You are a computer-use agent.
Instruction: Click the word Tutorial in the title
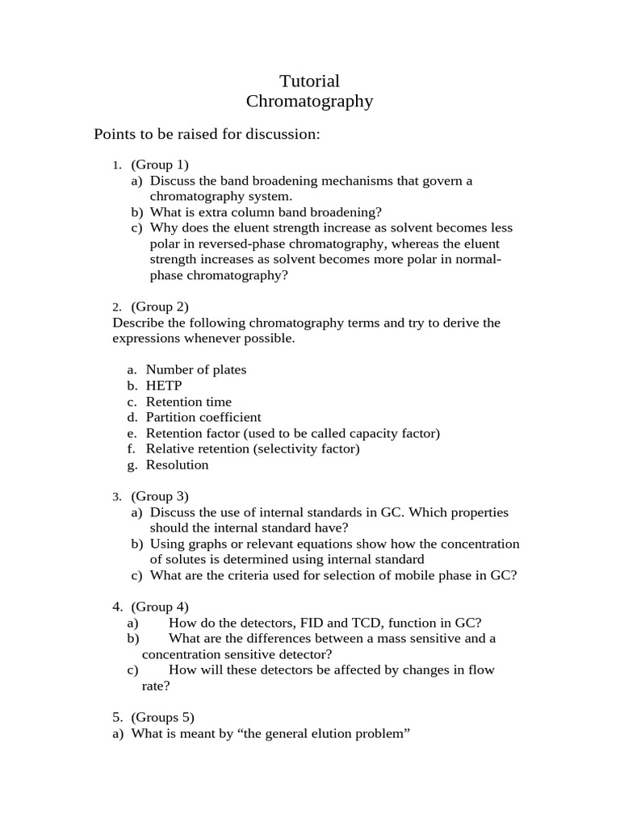tap(309, 81)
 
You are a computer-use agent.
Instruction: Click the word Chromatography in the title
tap(309, 102)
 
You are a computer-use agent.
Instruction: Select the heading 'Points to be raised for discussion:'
tap(207, 134)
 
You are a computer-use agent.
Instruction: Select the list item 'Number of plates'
tap(196, 369)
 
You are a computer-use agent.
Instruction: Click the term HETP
tap(164, 386)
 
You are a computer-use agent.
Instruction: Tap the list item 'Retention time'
tap(188, 402)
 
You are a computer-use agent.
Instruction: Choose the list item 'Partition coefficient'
tap(203, 417)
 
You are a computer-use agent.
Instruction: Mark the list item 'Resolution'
tap(177, 465)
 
